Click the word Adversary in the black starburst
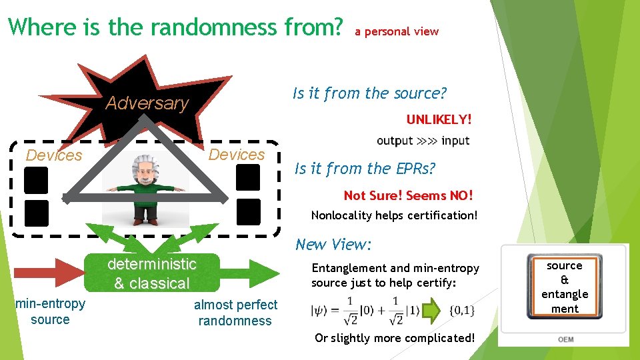click(147, 103)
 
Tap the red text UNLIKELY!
click(439, 120)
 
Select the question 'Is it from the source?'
click(369, 93)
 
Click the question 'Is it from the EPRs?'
click(365, 169)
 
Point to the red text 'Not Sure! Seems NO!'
click(408, 195)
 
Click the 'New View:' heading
click(332, 244)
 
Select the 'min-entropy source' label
click(50, 311)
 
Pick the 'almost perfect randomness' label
click(235, 313)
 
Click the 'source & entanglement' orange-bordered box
click(564, 287)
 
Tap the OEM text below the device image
click(565, 339)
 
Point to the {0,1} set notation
click(462, 311)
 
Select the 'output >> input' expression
click(423, 141)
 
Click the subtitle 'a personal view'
click(397, 31)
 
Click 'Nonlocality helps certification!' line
click(394, 216)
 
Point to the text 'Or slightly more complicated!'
click(395, 338)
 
